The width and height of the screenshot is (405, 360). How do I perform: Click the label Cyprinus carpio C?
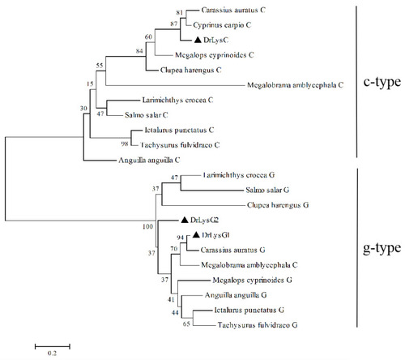(x=222, y=25)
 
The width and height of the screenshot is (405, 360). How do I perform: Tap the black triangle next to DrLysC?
(x=198, y=40)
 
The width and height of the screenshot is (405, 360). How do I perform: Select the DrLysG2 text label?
(x=204, y=220)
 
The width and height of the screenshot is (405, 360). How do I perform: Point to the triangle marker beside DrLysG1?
(x=196, y=235)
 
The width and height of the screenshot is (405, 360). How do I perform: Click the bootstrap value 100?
(x=147, y=226)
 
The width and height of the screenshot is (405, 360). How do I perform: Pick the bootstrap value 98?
(x=125, y=144)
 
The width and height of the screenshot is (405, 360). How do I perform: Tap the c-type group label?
(x=382, y=82)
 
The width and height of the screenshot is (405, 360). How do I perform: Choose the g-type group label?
(x=382, y=248)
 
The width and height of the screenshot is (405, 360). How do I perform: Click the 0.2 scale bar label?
(x=52, y=353)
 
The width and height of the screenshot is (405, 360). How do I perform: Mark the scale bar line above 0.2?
(x=53, y=346)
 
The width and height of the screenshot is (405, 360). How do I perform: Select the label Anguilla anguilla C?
(x=149, y=161)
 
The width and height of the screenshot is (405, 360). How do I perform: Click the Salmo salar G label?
(x=267, y=190)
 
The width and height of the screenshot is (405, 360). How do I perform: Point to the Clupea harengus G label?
(x=278, y=205)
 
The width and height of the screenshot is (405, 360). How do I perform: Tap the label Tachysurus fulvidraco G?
(x=258, y=325)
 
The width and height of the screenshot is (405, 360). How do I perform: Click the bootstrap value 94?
(x=181, y=238)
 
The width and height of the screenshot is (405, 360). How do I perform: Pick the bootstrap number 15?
(x=90, y=84)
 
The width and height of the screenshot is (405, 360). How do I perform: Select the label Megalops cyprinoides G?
(x=252, y=280)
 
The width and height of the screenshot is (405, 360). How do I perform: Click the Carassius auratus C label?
(x=233, y=10)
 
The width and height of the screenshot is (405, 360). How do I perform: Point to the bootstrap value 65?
(x=186, y=324)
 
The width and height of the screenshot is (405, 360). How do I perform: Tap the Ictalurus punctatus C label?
(x=179, y=131)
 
